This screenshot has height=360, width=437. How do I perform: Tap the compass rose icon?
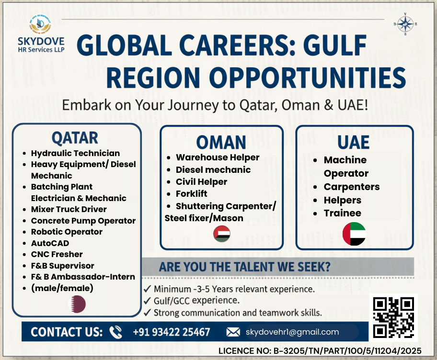tap(405, 24)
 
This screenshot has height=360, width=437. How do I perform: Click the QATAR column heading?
tap(75, 138)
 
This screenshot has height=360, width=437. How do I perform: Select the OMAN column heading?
tap(221, 142)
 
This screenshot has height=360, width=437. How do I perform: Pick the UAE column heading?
tap(354, 142)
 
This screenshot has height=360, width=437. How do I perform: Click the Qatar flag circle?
tap(77, 304)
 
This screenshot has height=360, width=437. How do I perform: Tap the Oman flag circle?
tap(221, 234)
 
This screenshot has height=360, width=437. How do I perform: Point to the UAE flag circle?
tap(354, 234)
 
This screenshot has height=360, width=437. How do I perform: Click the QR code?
tap(394, 317)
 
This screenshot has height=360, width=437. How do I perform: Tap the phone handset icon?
tap(116, 332)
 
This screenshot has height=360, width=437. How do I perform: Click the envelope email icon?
tap(233, 332)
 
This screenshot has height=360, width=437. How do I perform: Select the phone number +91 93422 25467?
tap(172, 332)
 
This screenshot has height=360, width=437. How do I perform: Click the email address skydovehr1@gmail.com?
tap(292, 332)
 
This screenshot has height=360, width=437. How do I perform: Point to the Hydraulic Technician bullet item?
tap(75, 153)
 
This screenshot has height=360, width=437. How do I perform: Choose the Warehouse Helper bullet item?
tap(218, 157)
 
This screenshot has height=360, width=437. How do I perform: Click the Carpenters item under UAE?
tap(352, 187)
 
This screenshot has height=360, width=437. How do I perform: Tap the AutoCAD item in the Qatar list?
tap(50, 243)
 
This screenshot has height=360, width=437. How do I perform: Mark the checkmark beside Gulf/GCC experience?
tap(148, 301)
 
